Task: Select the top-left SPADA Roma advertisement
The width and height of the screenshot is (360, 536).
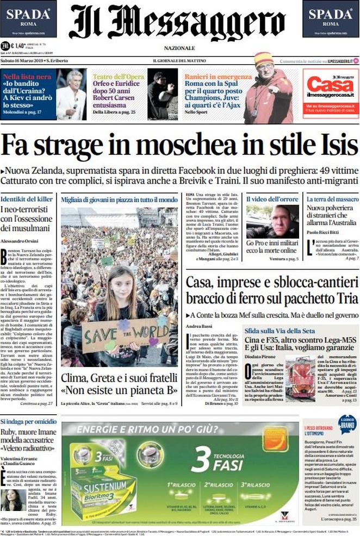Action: (x=28, y=18)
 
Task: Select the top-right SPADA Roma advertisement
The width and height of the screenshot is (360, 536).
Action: (x=331, y=18)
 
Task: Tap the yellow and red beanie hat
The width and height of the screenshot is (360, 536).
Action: (x=264, y=59)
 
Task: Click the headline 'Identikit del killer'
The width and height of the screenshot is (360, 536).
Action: (x=26, y=200)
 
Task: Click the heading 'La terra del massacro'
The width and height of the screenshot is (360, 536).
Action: (x=332, y=200)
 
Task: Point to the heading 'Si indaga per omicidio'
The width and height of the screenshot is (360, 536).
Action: (x=28, y=422)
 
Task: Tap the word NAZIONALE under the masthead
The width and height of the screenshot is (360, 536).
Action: (x=180, y=48)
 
